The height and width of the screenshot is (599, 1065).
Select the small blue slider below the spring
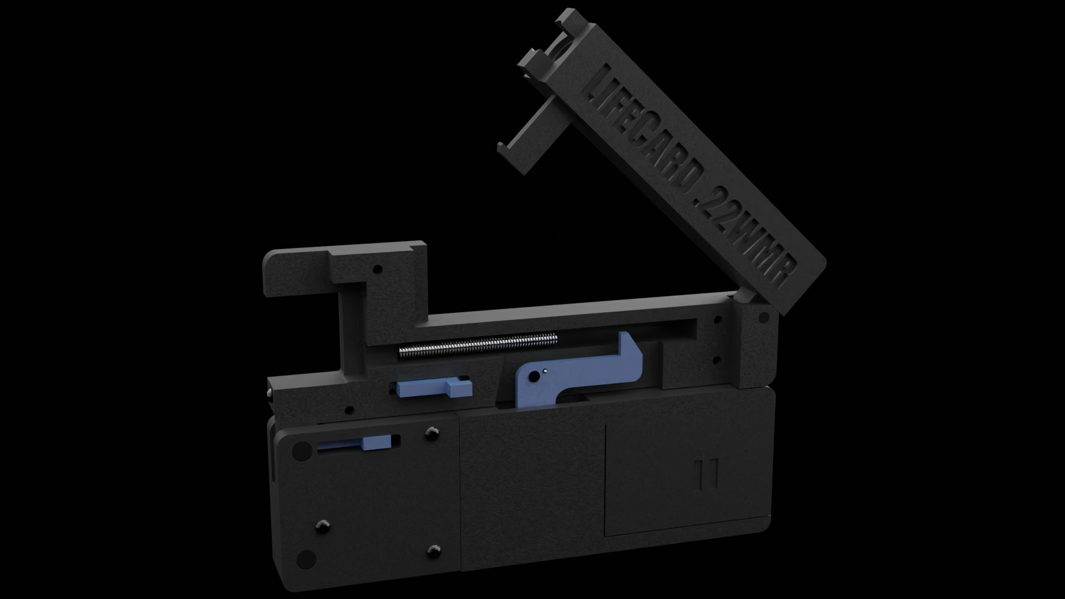(433, 388)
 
